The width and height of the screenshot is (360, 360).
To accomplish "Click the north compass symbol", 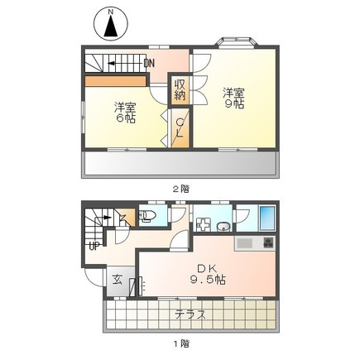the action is click(111, 24).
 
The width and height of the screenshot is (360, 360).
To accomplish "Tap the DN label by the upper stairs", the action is click(149, 64).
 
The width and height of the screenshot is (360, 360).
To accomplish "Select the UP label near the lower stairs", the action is click(94, 246).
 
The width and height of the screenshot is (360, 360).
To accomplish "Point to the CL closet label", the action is click(180, 127).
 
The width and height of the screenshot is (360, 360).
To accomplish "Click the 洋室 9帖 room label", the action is click(234, 98).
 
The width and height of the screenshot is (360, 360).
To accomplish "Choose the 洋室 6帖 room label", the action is click(125, 113).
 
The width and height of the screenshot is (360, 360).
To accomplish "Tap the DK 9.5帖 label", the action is click(208, 274).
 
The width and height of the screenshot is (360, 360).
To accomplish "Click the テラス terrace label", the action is click(190, 314).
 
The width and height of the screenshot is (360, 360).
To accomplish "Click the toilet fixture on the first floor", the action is click(146, 216).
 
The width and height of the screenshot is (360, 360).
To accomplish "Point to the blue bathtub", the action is click(267, 218).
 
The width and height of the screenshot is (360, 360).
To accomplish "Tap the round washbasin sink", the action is click(223, 227).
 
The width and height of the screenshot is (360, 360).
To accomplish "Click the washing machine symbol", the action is click(204, 224).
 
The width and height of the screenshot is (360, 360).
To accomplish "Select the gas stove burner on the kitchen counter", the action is click(267, 242).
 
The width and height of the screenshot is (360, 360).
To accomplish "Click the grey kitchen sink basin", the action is click(245, 243).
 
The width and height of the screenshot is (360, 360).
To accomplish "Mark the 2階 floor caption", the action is click(181, 189).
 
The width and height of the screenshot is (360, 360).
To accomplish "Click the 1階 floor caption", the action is click(181, 343).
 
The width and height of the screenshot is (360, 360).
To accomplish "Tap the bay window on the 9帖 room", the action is click(238, 42).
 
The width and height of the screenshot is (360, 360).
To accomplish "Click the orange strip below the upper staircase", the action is click(115, 80).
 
